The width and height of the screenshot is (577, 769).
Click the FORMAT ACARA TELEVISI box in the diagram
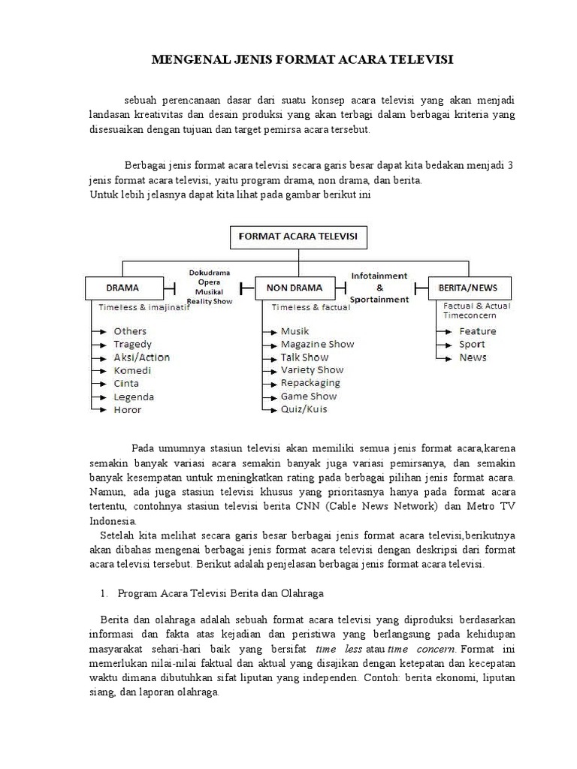[x=298, y=238]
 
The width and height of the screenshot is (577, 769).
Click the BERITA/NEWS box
[x=473, y=287]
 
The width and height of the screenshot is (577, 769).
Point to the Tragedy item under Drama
[x=132, y=344]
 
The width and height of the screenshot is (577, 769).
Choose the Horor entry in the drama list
[x=127, y=410]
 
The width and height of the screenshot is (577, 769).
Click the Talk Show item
[x=304, y=357]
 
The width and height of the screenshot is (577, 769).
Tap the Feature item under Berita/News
[x=477, y=331]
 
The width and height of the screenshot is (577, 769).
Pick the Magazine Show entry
[x=317, y=344]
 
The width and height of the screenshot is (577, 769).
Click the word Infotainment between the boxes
[x=379, y=276]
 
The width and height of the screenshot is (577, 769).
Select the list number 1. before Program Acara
[x=104, y=593]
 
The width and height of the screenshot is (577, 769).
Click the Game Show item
[x=308, y=397]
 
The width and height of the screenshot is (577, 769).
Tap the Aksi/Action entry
[x=141, y=357]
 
